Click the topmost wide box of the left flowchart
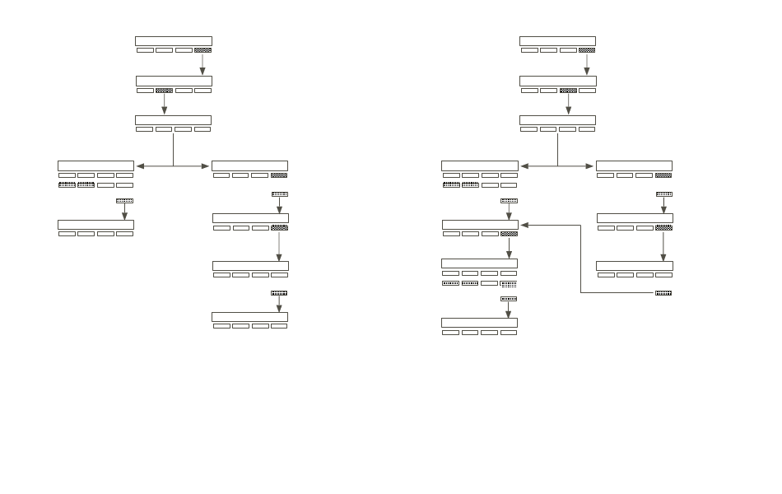(x=173, y=40)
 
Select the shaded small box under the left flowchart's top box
(x=202, y=50)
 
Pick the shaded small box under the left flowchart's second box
(x=164, y=91)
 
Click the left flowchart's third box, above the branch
(x=173, y=120)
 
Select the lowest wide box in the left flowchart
(x=249, y=317)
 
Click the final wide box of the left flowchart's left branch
(x=95, y=225)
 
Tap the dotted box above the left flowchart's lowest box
(x=279, y=293)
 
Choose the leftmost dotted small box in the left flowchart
(x=67, y=185)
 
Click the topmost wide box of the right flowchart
(x=557, y=40)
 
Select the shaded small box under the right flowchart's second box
(x=567, y=91)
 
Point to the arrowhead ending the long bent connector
(x=524, y=224)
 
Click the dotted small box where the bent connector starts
(x=663, y=293)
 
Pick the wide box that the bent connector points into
(x=480, y=225)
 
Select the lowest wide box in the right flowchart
(x=480, y=322)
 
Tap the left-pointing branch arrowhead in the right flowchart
(x=524, y=166)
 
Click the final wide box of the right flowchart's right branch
(x=634, y=266)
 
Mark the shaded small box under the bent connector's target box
(x=509, y=234)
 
